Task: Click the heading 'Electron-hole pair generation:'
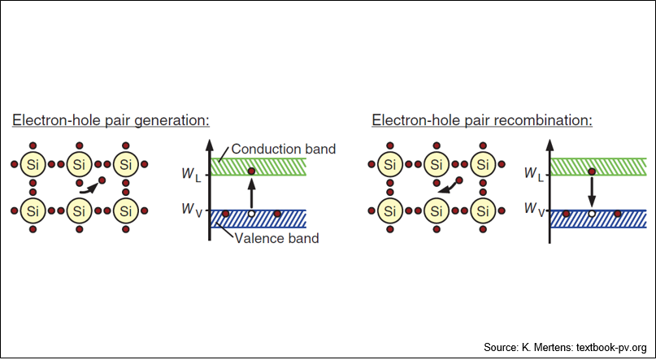(111, 120)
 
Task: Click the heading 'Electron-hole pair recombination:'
(482, 120)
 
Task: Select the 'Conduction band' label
(283, 149)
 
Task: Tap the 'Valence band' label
(276, 238)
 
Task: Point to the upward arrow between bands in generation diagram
(251, 193)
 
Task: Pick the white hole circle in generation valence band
(251, 214)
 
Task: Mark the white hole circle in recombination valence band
(592, 214)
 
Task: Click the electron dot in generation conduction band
(251, 171)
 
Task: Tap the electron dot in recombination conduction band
(592, 171)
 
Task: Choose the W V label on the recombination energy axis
(536, 210)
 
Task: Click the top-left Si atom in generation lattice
(32, 164)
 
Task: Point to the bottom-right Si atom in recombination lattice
(483, 210)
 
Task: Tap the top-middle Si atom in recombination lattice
(437, 164)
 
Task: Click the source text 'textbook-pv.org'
(611, 348)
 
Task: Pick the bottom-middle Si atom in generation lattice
(79, 210)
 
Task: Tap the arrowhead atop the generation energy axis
(209, 145)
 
